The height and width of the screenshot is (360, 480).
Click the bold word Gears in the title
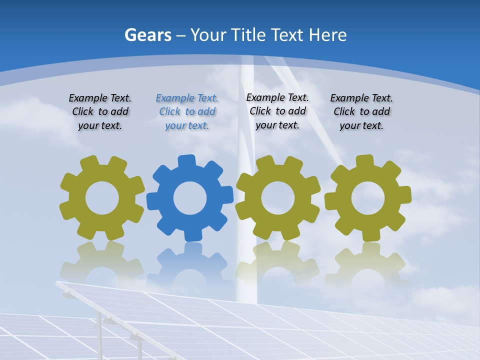point(148,35)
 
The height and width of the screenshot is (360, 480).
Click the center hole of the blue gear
point(190,198)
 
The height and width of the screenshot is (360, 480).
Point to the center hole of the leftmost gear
point(102,198)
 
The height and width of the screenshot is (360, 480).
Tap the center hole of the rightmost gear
point(368,198)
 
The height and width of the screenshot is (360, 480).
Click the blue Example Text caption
point(187,112)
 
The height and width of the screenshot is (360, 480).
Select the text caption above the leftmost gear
point(100,112)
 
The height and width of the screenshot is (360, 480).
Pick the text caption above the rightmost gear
point(361,112)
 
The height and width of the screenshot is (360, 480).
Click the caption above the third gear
point(277,111)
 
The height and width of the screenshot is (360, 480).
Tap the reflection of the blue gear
point(190,260)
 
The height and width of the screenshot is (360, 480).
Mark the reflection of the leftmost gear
point(102,260)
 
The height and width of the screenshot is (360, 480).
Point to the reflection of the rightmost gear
point(368,260)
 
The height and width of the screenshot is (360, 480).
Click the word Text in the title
point(288,35)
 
